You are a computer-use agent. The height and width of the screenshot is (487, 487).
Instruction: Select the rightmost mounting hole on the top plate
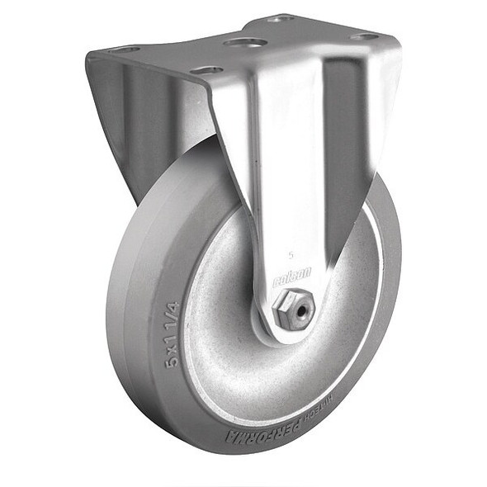tap(363, 37)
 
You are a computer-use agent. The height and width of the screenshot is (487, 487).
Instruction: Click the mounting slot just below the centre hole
tap(207, 70)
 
